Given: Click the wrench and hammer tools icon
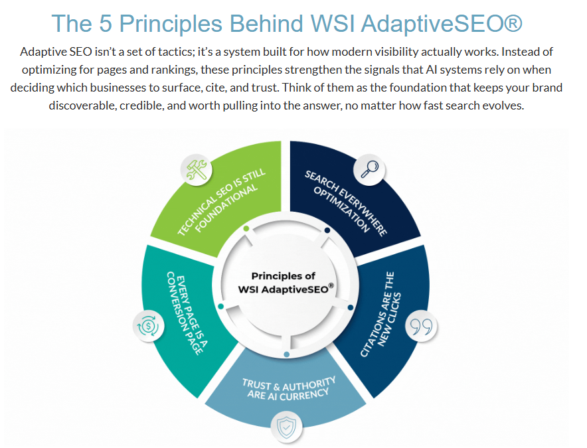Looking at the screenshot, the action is pos(197,169).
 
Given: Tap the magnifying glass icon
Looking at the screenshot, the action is pos(369,169).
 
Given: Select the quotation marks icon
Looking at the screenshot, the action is pos(421,326).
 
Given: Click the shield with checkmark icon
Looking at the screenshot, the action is pos(286,427).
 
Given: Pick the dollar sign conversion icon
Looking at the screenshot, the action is pos(149,326).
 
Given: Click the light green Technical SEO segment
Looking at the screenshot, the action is pos(224,198).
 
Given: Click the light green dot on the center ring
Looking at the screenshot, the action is pos(246,228).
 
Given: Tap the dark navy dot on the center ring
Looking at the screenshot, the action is pos(327,230).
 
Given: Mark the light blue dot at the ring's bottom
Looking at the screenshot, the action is pos(287,354).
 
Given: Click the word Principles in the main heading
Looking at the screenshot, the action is pos(171,24).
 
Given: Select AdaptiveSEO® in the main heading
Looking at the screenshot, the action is pos(442,24).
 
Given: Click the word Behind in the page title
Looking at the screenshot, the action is pos(266,23).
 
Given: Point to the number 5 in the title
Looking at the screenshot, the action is pos(106,23).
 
